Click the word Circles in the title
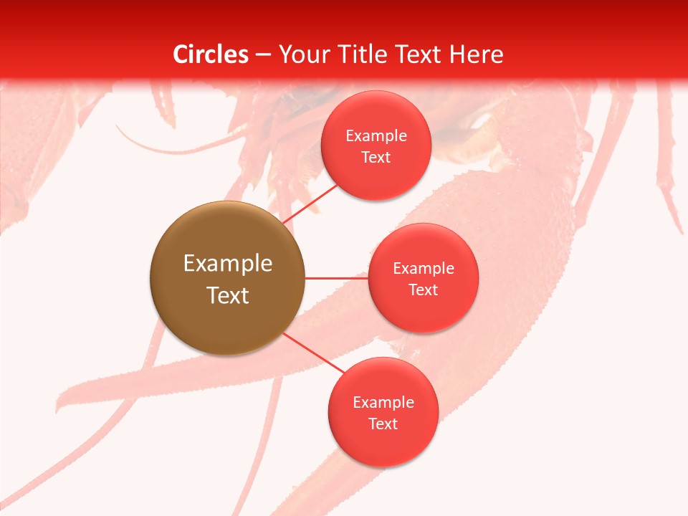pos(211,54)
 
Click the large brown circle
pos(227,315)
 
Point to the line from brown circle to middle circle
pos(336,278)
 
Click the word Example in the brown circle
pos(228,264)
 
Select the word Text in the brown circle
pos(228,295)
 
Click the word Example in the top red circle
pos(376,136)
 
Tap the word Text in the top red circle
pos(376,158)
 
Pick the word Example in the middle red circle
pos(424,269)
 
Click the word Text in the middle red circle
pos(424,290)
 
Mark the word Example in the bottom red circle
pos(383,403)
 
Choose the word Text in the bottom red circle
pos(383,424)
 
